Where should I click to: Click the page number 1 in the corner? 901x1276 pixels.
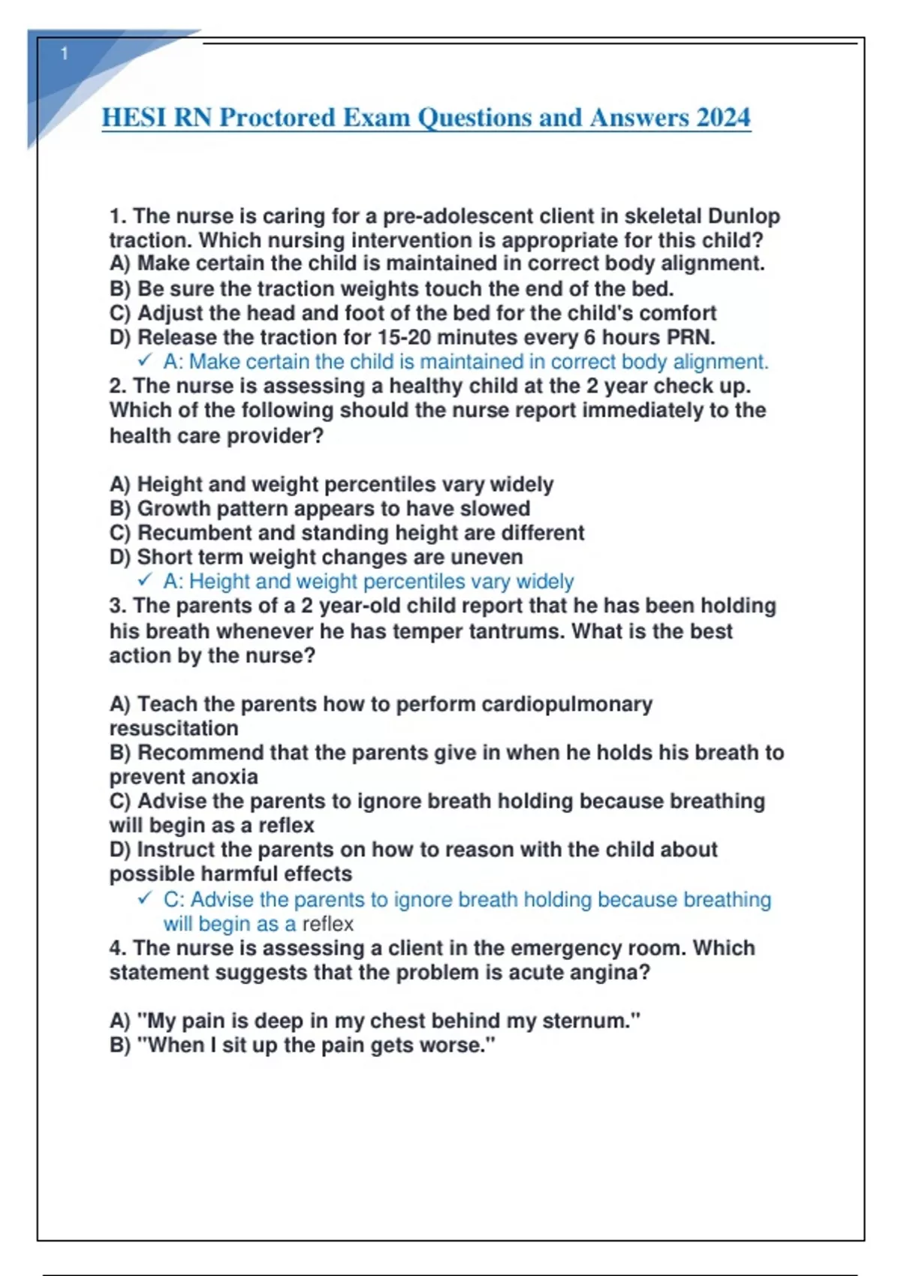pos(65,53)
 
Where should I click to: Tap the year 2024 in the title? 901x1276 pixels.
pos(723,118)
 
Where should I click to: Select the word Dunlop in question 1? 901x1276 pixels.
pos(744,216)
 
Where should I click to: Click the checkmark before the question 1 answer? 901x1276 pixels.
pos(145,361)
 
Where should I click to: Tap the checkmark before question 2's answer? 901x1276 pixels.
pos(145,580)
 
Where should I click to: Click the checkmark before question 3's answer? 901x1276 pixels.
pos(145,898)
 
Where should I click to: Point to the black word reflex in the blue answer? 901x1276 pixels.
pos(327,924)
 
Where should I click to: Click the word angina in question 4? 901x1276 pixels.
pos(614,973)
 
